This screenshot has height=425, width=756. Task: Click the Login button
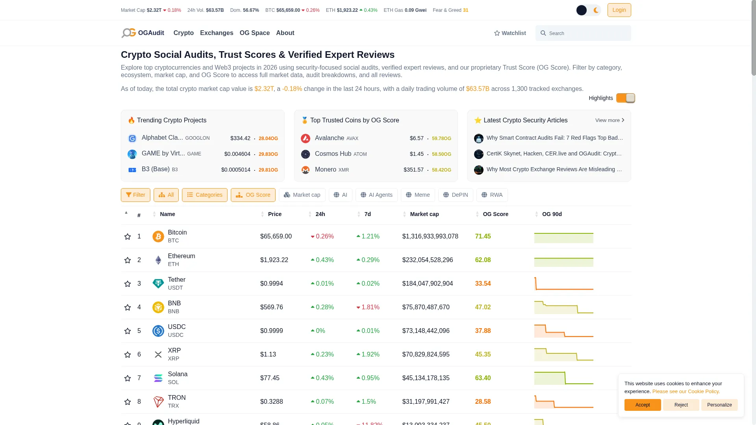point(619,10)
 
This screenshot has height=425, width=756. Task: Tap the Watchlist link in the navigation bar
point(510,33)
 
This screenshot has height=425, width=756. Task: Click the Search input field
point(583,33)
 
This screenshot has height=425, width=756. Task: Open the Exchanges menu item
point(217,33)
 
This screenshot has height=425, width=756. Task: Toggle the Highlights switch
point(626,98)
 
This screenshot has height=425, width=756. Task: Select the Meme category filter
point(418,195)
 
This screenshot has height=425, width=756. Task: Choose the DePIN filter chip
point(456,195)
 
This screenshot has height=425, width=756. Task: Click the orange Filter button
point(135,195)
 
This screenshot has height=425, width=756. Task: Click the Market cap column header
point(424,214)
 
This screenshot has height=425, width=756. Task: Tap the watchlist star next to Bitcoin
point(128,237)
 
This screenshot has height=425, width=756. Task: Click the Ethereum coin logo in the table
point(158,260)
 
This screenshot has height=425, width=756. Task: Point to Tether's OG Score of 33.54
point(483,284)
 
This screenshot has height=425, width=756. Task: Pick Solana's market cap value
point(426,378)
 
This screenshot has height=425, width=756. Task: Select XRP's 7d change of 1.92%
point(368,355)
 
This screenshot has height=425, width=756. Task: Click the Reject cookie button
point(681,405)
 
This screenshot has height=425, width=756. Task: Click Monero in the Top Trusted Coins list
point(325,170)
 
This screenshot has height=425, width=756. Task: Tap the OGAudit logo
point(143,33)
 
